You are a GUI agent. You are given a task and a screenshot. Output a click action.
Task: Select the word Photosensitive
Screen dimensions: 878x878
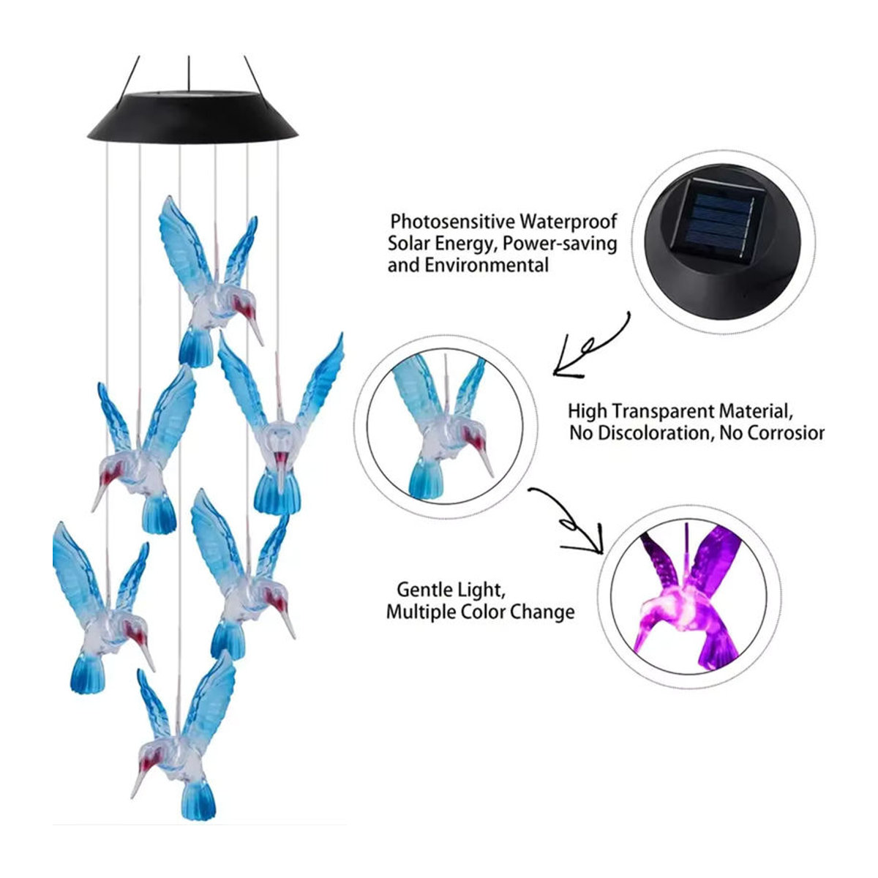452,222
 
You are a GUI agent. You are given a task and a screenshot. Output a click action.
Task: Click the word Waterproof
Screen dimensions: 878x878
569,222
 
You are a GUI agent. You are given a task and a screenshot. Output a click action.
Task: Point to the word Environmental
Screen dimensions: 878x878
487,265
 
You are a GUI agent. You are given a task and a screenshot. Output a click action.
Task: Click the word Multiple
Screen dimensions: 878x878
420,612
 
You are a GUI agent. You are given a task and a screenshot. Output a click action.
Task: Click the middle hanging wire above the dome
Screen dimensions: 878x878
189,73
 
